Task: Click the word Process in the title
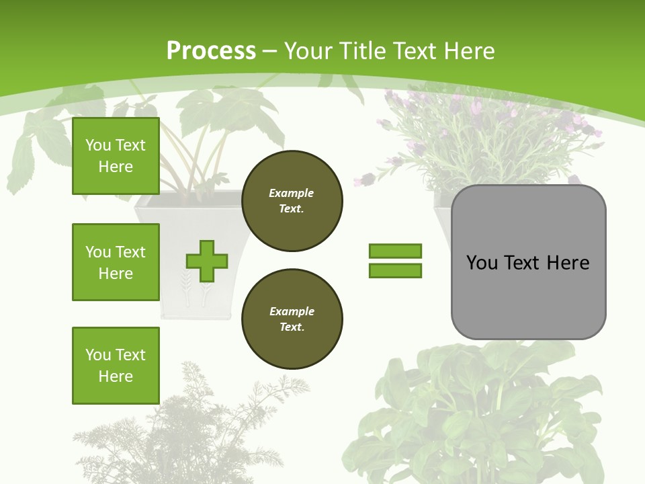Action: [211, 51]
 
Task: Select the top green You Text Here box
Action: [116, 156]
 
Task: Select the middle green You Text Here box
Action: [116, 262]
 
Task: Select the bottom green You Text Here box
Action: [116, 366]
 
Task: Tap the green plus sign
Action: [207, 261]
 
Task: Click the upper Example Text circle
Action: [292, 201]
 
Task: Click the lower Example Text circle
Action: [292, 319]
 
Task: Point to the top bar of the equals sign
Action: [395, 251]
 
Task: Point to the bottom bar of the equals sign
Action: [395, 270]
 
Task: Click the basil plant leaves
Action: [470, 410]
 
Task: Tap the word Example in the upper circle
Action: [292, 193]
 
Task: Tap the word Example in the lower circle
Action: [292, 311]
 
